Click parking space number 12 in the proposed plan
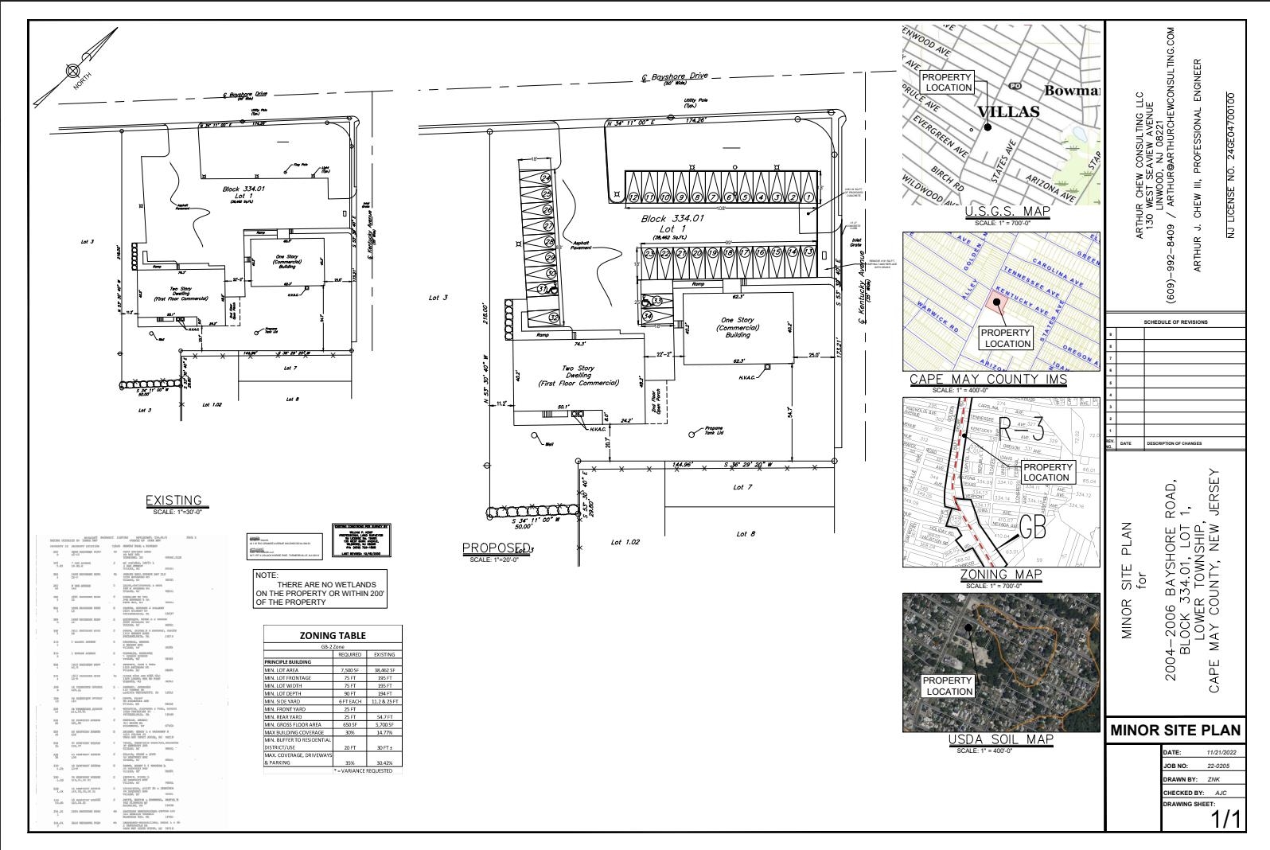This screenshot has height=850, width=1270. click(x=633, y=196)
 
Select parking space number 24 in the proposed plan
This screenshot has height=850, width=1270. click(x=546, y=178)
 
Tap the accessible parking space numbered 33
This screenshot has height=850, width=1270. click(x=657, y=302)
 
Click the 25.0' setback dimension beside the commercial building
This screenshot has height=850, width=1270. click(x=814, y=354)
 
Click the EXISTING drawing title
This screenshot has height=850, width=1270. click(x=173, y=500)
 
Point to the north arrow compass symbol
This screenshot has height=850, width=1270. click(x=74, y=71)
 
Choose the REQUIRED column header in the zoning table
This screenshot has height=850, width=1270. click(x=349, y=654)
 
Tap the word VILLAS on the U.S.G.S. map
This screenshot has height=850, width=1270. click(x=1007, y=111)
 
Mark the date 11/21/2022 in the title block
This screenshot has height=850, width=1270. click(x=1220, y=751)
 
